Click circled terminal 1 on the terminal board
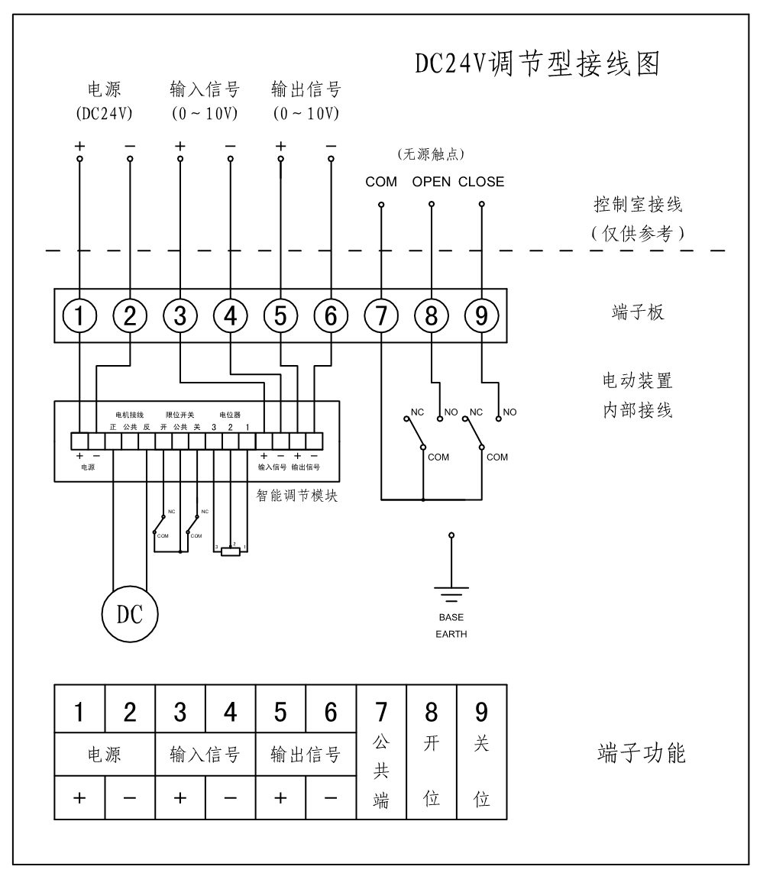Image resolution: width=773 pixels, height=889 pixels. point(80,315)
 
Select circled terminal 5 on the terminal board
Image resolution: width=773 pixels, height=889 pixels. point(280,315)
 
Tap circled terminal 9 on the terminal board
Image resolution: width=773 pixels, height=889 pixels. point(481,315)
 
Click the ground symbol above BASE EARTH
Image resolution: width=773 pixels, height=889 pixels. point(451,589)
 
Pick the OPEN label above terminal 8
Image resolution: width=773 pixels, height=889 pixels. point(432,183)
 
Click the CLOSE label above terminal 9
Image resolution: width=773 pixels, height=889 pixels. point(481,183)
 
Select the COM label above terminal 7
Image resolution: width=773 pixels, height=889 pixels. point(380,183)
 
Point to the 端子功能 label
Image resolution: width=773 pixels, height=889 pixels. point(641,755)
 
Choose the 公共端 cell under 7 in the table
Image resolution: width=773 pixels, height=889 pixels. point(381,773)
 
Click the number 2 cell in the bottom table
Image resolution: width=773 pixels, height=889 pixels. point(130,713)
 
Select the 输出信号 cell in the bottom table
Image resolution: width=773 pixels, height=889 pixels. point(306,755)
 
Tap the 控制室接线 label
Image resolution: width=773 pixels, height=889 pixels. point(639,206)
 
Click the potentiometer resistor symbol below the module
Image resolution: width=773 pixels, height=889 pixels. point(230,551)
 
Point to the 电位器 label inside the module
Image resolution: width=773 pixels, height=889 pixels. point(230,415)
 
